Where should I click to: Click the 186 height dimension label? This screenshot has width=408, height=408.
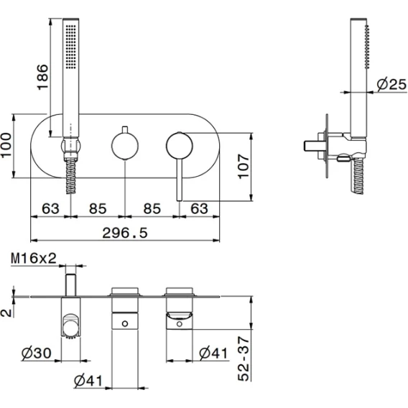42,77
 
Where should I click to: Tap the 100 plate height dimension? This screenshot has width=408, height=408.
6,145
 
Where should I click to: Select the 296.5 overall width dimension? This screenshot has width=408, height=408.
125,233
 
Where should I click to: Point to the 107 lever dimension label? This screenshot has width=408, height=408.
244,167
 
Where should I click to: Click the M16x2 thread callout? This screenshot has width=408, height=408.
34,259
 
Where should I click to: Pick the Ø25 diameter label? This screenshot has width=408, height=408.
391,84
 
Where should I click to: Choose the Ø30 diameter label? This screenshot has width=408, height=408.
37,353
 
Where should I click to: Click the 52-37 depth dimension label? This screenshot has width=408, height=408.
244,359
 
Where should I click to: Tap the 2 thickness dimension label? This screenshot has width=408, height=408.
6,312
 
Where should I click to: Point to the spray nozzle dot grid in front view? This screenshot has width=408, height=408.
71,47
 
